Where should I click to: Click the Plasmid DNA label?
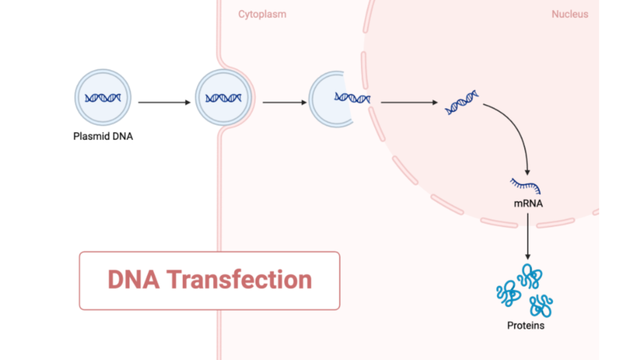(x=103, y=137)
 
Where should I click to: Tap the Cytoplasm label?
(x=262, y=14)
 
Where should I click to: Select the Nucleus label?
(x=570, y=14)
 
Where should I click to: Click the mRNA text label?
(x=528, y=204)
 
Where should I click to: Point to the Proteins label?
(x=525, y=326)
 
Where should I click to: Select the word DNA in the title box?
(x=133, y=279)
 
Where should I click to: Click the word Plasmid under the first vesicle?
(x=92, y=137)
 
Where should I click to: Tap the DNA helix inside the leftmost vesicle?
(x=103, y=98)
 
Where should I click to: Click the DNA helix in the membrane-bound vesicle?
(x=223, y=98)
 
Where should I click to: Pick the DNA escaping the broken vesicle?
(x=352, y=98)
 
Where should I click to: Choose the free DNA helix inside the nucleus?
(x=462, y=102)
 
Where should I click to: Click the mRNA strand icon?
(x=526, y=187)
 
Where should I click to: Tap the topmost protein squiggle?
(x=529, y=275)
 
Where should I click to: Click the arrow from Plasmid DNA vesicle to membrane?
(x=164, y=102)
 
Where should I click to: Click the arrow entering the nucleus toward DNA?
(x=408, y=102)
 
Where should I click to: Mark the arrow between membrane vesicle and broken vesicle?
(x=284, y=102)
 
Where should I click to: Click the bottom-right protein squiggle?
(x=540, y=306)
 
